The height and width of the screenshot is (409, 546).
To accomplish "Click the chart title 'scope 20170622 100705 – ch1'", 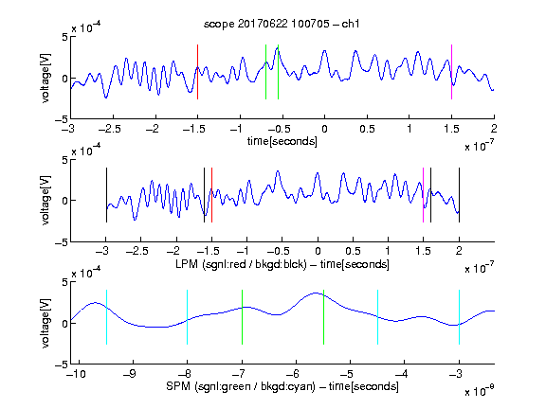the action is [x=282, y=24].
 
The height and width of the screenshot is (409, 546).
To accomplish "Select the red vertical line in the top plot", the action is [x=197, y=72].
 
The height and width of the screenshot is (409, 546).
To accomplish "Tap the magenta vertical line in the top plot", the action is [x=451, y=72].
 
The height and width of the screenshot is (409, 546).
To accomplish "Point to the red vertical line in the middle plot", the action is [x=211, y=195].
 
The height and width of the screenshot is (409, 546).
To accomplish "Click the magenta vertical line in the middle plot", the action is [x=423, y=195].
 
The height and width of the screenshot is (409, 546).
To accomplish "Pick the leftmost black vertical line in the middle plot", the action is [x=106, y=195].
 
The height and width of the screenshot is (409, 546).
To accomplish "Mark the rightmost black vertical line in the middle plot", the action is [x=459, y=195].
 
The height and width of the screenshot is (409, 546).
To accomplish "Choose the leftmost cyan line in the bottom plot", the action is [x=106, y=317].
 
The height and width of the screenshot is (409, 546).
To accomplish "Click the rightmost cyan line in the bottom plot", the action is [x=459, y=317].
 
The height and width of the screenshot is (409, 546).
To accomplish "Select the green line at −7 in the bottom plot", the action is [x=242, y=317].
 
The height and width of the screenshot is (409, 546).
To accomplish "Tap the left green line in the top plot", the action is [x=265, y=72].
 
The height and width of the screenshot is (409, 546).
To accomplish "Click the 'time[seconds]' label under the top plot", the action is [x=282, y=141].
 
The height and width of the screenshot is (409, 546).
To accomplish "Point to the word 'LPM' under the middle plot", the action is [x=187, y=264].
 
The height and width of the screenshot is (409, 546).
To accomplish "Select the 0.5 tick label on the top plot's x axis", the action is [x=367, y=129].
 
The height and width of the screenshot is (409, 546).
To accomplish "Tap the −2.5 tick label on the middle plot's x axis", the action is [x=137, y=251].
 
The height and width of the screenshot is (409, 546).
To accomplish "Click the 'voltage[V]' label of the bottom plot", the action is [x=45, y=323].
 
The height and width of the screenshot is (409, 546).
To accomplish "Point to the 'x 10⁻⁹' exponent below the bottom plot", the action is [x=479, y=391].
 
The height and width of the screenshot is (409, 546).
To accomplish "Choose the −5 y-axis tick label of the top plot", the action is [x=62, y=119].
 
